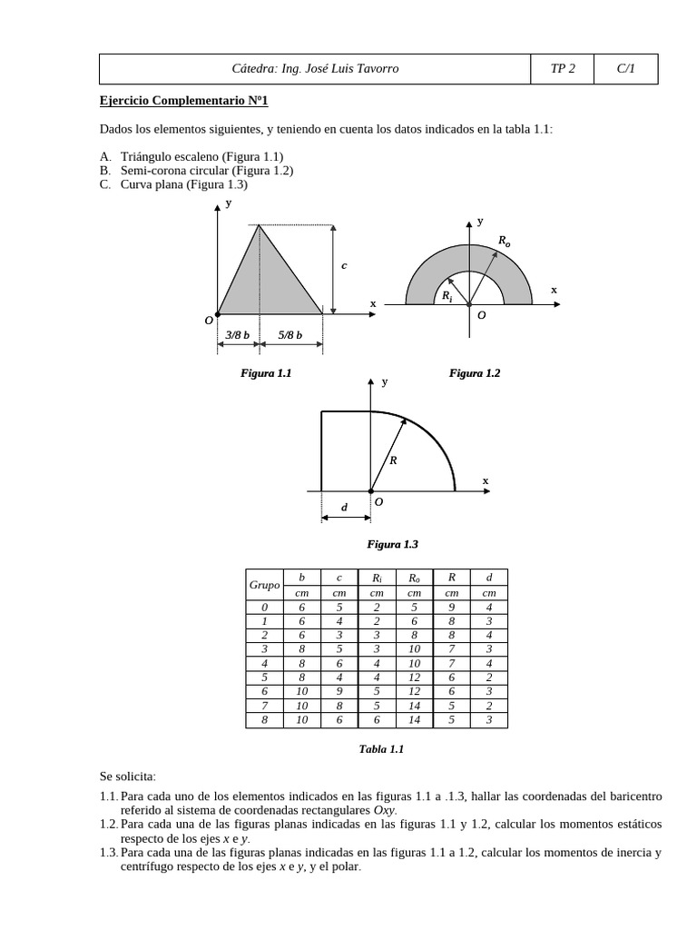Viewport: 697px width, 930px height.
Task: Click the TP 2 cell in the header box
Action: (562, 69)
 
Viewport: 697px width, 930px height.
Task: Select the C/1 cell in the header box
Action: (625, 69)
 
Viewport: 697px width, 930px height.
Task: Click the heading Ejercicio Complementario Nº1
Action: (184, 101)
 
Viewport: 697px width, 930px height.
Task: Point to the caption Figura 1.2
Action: (475, 373)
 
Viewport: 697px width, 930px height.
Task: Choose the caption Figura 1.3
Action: (392, 544)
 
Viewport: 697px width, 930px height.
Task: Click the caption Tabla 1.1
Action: (381, 749)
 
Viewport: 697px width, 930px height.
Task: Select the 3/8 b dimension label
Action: (238, 335)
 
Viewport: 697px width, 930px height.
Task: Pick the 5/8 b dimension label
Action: (290, 335)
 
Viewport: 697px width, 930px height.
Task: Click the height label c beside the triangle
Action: (344, 266)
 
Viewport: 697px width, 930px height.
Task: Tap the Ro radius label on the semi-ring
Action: (505, 241)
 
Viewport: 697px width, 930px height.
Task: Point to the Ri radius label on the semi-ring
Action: (447, 296)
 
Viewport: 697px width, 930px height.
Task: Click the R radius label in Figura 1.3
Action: (393, 460)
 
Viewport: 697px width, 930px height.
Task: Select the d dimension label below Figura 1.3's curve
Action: (344, 508)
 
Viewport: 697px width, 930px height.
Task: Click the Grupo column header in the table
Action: (264, 585)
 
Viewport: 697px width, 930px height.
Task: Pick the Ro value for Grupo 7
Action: (414, 706)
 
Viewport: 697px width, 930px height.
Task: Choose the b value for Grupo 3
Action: (302, 649)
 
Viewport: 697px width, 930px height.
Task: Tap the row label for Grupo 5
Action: (264, 678)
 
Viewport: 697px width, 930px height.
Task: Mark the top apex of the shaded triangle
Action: (260, 225)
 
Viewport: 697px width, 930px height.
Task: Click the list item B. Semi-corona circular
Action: (197, 170)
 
